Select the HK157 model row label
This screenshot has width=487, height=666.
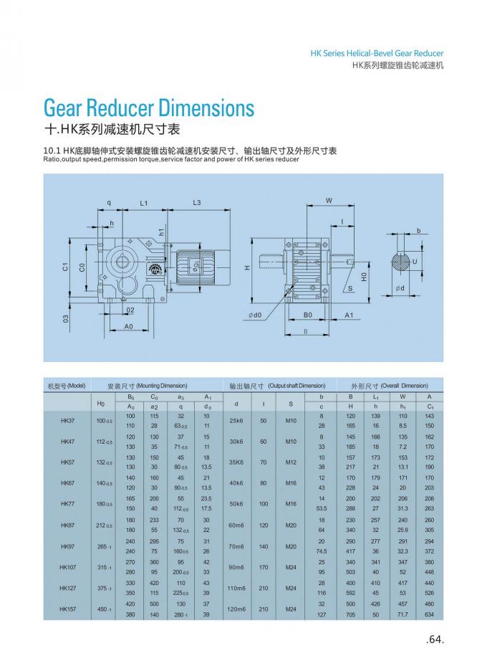pyautogui.click(x=67, y=609)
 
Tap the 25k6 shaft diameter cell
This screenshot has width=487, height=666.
pyautogui.click(x=236, y=421)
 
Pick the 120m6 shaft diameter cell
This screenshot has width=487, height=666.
pyautogui.click(x=236, y=609)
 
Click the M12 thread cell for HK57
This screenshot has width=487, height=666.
pyautogui.click(x=291, y=462)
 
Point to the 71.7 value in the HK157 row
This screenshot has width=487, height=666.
pyautogui.click(x=402, y=614)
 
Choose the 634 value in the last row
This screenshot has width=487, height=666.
pyautogui.click(x=429, y=614)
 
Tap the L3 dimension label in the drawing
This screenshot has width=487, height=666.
pyautogui.click(x=196, y=203)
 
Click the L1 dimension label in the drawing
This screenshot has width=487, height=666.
pyautogui.click(x=143, y=203)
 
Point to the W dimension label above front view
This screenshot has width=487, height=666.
pyautogui.click(x=329, y=200)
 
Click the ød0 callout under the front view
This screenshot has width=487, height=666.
pyautogui.click(x=255, y=315)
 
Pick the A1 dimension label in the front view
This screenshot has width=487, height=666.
pyautogui.click(x=349, y=315)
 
